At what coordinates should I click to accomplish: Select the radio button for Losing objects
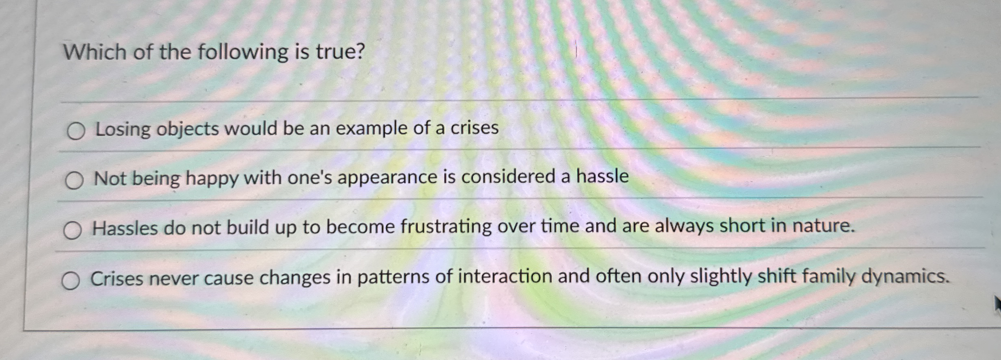(x=76, y=131)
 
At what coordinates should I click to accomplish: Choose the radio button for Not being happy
(x=74, y=181)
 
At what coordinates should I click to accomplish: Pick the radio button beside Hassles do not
(x=73, y=231)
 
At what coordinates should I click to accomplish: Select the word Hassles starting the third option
(x=125, y=228)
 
